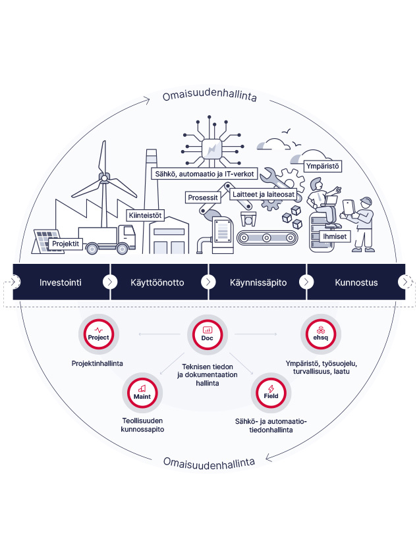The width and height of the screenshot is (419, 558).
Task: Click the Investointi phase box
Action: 61,282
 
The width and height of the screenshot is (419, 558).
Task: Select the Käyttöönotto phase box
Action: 159,282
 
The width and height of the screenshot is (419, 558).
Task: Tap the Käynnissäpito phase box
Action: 258,282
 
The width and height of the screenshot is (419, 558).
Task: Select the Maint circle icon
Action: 142,393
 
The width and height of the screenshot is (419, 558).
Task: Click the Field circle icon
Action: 271,393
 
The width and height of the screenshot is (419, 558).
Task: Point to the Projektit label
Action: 65,244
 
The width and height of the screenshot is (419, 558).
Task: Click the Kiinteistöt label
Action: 145,215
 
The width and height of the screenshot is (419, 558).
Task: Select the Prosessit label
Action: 203,197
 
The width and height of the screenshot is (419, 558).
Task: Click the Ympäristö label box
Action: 322,167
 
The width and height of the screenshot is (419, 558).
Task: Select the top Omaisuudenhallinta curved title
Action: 209,97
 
